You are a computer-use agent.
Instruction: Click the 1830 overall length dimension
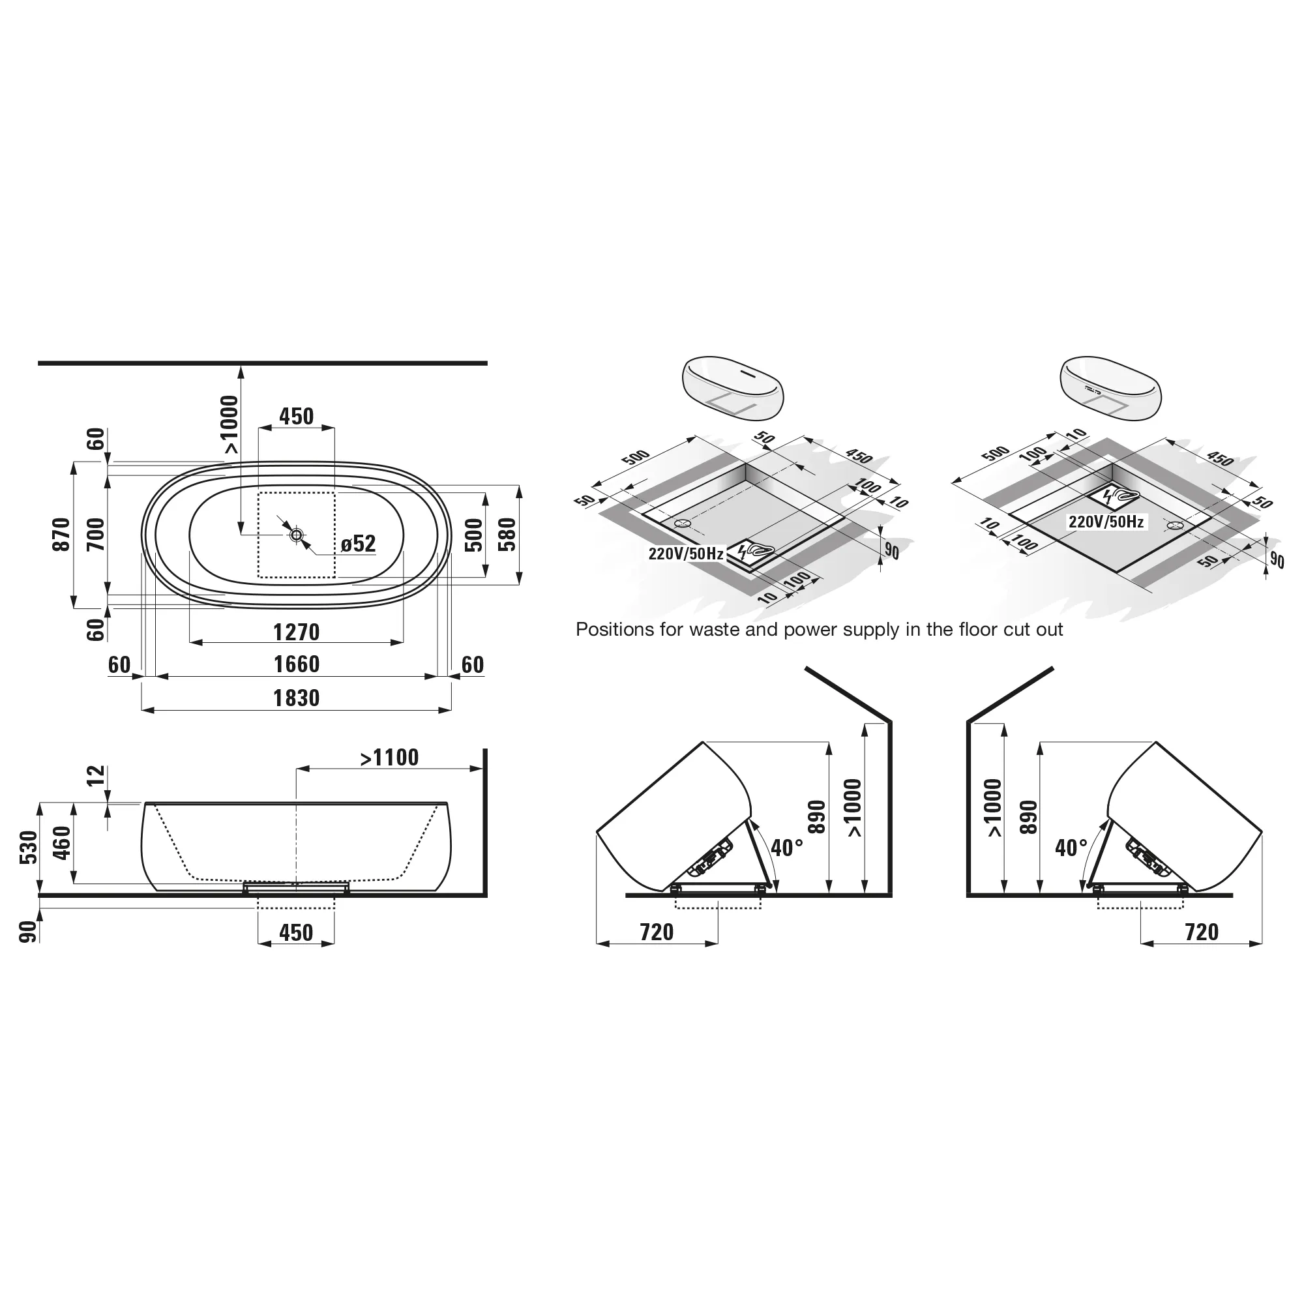(x=296, y=698)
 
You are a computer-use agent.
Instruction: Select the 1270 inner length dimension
(x=296, y=632)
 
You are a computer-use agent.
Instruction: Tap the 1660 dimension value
(x=296, y=664)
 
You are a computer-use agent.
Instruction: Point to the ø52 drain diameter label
(x=358, y=543)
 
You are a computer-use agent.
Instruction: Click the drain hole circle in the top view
(x=296, y=535)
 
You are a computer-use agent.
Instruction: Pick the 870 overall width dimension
(x=61, y=535)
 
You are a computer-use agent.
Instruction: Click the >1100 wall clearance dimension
(x=389, y=758)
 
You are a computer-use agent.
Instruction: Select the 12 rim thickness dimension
(x=96, y=775)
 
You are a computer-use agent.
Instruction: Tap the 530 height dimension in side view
(x=28, y=848)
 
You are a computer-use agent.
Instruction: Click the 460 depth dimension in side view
(x=61, y=842)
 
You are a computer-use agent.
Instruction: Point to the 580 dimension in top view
(x=507, y=535)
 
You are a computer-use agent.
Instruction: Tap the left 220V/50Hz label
(x=686, y=554)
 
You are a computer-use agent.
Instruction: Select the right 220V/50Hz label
(x=1106, y=522)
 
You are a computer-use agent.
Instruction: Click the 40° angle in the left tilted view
(x=786, y=848)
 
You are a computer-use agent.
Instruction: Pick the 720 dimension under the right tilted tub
(x=1202, y=932)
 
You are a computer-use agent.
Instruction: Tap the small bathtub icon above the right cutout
(x=1111, y=389)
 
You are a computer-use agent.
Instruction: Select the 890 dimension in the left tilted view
(x=817, y=817)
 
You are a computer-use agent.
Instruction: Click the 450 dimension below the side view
(x=296, y=933)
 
